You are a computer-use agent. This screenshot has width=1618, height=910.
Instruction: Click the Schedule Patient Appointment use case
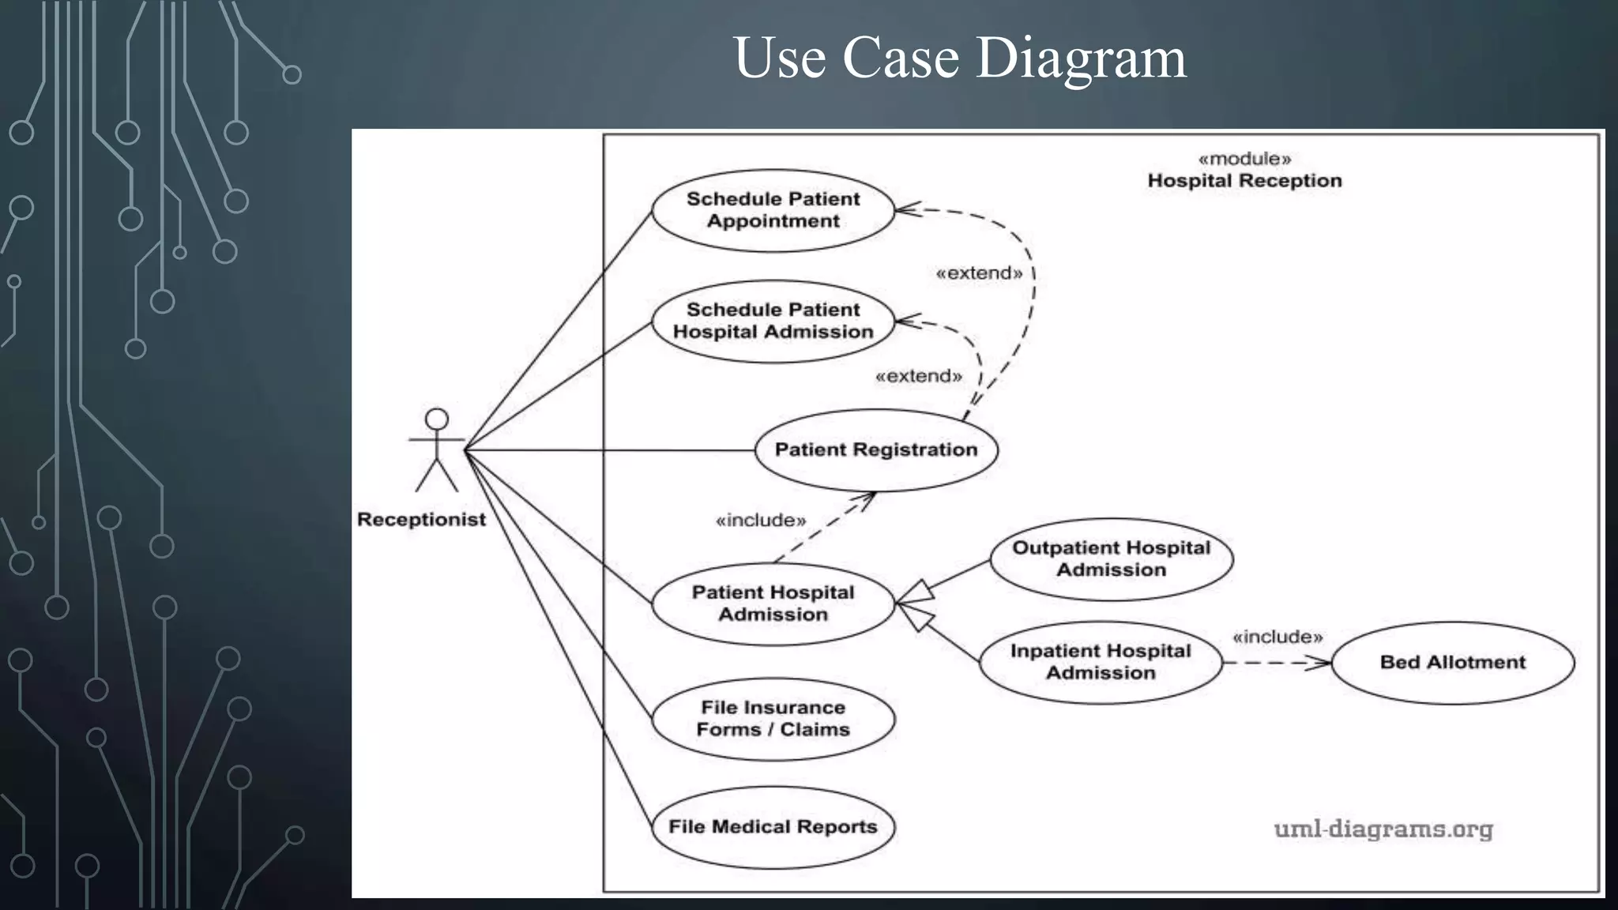(773, 210)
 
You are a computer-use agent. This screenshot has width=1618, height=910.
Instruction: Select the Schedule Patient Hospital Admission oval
(773, 321)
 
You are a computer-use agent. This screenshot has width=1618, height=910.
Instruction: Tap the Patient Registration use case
(875, 449)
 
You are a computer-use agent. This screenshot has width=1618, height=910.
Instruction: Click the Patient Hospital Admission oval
(773, 604)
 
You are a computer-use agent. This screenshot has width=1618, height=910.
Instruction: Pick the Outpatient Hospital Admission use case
(1111, 558)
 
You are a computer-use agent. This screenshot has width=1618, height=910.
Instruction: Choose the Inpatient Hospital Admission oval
(1101, 662)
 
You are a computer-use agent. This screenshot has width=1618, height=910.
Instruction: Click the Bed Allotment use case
(1452, 662)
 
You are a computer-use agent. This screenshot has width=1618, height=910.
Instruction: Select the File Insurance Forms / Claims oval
(773, 719)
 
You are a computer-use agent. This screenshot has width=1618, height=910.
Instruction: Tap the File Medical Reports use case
(773, 827)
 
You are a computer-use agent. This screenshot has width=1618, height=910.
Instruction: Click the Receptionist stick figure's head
(437, 419)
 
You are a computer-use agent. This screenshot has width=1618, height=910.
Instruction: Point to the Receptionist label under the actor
(421, 520)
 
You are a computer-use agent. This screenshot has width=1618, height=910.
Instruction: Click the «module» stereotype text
(1244, 159)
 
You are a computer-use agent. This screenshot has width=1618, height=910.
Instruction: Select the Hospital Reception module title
(1244, 181)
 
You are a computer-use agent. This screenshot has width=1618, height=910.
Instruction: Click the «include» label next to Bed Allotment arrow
(1277, 637)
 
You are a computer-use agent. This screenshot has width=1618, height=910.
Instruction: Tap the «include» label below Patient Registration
(760, 521)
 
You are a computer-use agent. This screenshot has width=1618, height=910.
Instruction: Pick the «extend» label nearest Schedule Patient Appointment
(979, 273)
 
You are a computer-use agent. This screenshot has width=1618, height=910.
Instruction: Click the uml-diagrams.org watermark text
(1383, 829)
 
